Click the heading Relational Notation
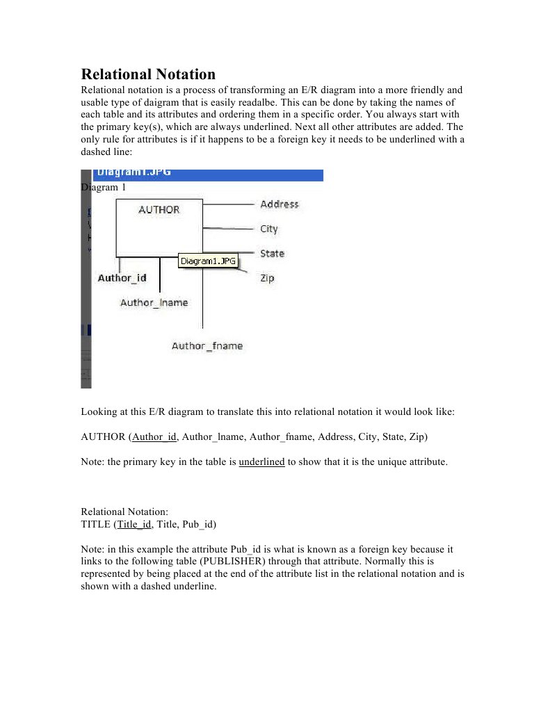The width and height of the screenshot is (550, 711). [148, 74]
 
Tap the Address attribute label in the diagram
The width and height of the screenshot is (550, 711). [279, 204]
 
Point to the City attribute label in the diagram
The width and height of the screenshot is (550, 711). [269, 229]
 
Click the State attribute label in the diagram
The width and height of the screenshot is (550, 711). [272, 254]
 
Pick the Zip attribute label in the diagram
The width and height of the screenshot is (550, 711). [267, 278]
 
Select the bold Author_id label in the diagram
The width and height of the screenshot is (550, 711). [122, 278]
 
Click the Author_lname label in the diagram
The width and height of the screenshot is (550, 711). [154, 302]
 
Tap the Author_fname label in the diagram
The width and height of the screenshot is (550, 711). [207, 345]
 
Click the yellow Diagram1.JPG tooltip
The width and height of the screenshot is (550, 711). [208, 261]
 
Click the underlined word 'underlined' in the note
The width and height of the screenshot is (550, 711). [261, 461]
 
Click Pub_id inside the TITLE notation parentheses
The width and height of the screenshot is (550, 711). [202, 525]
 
